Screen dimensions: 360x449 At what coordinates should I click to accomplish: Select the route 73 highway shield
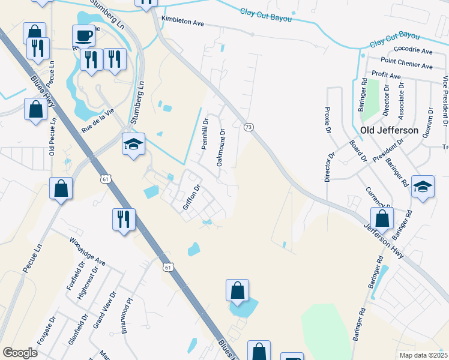248,127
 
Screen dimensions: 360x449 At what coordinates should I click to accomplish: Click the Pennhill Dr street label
205,137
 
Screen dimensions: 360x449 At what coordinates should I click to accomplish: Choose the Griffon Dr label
190,197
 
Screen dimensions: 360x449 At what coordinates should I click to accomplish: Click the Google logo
20,353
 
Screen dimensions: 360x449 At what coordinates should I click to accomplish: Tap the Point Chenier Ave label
406,64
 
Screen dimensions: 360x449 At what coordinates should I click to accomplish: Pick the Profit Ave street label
386,76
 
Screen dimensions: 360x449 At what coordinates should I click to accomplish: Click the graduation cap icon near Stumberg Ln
133,143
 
